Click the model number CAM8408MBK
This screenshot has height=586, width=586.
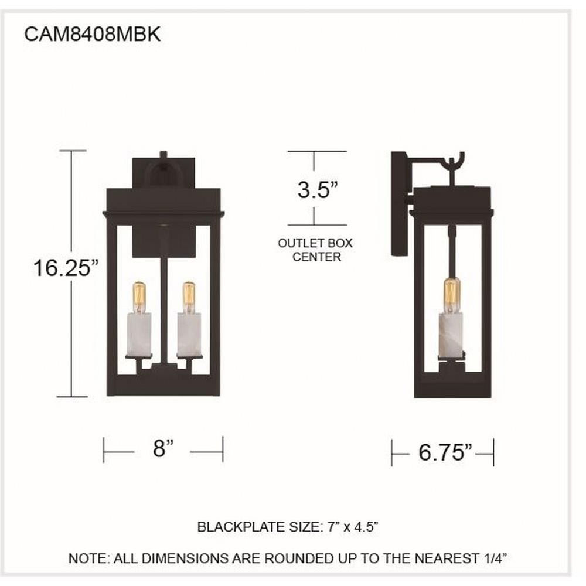(93, 34)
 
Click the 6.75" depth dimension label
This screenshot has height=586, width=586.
(445, 452)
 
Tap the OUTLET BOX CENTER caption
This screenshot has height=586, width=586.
(315, 250)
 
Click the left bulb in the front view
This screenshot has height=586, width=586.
(139, 297)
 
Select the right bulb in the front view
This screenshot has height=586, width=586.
(189, 297)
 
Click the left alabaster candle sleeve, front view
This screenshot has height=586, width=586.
(139, 335)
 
